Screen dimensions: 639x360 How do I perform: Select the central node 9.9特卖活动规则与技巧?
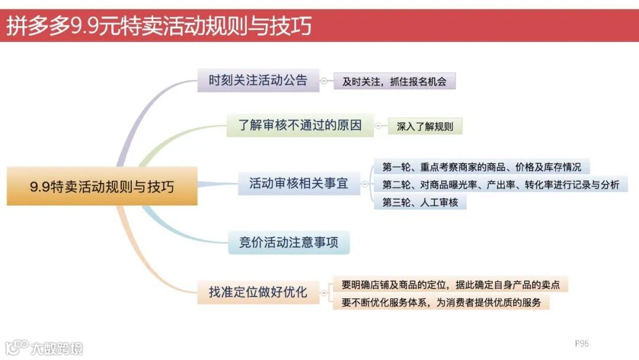click(102, 187)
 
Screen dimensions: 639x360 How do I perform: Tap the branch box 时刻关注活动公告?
click(258, 81)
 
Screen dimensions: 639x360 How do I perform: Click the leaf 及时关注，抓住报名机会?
click(394, 82)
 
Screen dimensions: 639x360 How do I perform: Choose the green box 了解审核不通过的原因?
click(300, 126)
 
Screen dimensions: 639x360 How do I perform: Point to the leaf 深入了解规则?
click(425, 127)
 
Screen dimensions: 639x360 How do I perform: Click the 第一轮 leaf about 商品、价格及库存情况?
click(482, 167)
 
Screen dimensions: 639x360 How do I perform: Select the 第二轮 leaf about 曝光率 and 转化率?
click(501, 185)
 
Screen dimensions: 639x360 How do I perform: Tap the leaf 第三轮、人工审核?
click(420, 202)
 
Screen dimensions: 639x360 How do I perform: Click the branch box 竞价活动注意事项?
click(289, 243)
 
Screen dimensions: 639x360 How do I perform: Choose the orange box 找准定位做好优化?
click(258, 292)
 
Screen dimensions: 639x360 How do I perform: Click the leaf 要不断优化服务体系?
click(441, 303)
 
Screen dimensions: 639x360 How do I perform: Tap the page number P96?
click(582, 343)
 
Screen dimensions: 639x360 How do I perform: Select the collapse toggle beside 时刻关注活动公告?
click(324, 81)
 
